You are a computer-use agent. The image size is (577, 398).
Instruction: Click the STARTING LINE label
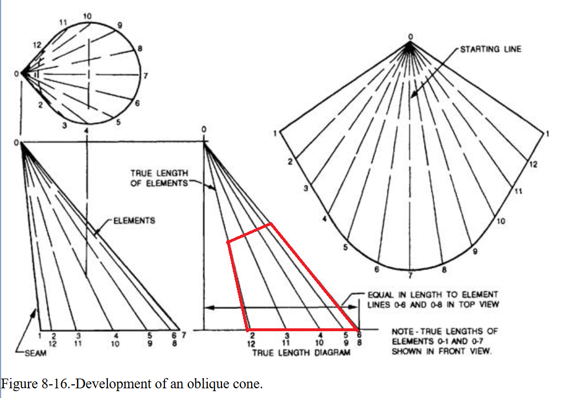pos(490,49)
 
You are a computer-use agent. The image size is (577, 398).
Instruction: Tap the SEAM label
pos(35,353)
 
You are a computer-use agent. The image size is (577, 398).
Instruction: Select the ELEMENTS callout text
pos(134,220)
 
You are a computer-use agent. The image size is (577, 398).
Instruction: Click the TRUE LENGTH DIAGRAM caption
pos(301,353)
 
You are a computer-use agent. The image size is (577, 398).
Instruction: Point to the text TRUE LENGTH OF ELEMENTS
pos(159,178)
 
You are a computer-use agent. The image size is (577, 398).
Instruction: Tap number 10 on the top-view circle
pos(86,15)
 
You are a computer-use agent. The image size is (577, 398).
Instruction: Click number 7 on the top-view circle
pos(146,76)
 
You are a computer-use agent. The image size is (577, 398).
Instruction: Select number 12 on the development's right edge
pos(533,164)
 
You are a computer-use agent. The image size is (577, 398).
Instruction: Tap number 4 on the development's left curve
pos(324,219)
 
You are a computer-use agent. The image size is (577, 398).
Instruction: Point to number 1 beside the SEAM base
pos(39,335)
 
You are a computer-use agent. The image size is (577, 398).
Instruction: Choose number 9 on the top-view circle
pos(120,25)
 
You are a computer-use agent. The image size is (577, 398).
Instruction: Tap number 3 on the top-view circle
pos(64,125)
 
